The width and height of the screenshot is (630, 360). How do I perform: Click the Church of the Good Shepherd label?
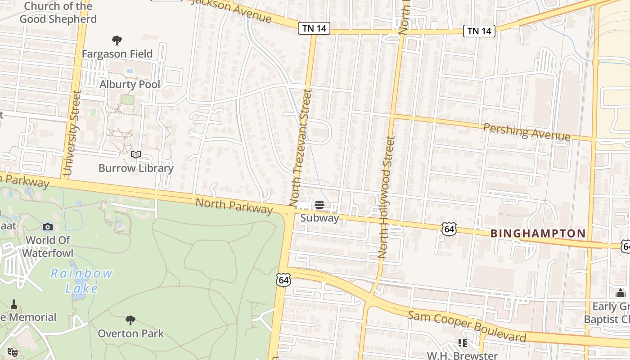point(58,13)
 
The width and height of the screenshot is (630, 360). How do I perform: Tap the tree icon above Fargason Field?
point(117,40)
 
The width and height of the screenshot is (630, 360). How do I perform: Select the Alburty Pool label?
point(130,84)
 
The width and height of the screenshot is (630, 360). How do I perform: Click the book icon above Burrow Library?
point(135,155)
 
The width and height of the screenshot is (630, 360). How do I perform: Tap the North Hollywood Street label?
point(386,198)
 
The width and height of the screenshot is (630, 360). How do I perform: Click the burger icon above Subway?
point(319,205)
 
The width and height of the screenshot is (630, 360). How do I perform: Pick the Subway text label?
point(319,218)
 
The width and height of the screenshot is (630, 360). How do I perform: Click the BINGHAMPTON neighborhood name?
point(538,234)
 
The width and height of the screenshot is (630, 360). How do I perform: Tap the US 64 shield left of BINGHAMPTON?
point(449,229)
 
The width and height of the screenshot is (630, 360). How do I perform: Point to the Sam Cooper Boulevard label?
point(467,325)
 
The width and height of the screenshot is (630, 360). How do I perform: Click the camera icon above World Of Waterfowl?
point(48,227)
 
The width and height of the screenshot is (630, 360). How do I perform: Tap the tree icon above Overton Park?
point(130,320)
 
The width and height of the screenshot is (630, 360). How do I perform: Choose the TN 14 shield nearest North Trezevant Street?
point(314,29)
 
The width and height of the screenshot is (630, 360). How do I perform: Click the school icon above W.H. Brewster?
point(462,343)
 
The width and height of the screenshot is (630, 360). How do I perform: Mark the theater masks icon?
point(12,352)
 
